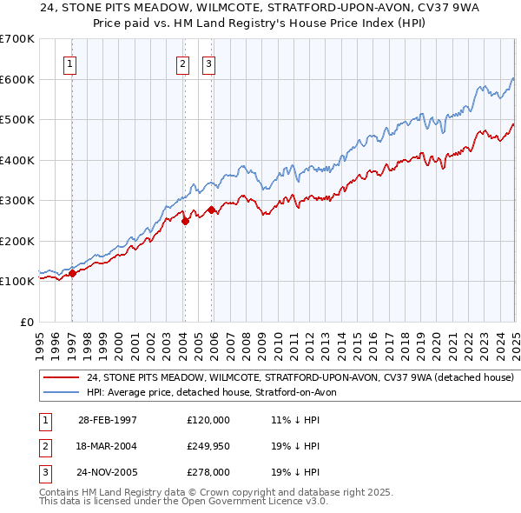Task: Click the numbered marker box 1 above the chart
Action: point(69,63)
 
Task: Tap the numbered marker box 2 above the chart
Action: point(183,63)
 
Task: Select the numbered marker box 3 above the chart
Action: point(210,63)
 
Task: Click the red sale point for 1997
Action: point(72,273)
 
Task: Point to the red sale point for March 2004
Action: point(185,221)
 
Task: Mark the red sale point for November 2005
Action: point(212,210)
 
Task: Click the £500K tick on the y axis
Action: point(17,119)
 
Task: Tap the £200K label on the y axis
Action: point(17,241)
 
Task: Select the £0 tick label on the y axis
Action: point(27,322)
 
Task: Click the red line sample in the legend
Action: point(62,378)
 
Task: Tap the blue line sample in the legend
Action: point(62,392)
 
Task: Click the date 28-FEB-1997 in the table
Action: point(108,420)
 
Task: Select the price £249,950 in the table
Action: point(208,446)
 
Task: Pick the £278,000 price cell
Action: point(208,472)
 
